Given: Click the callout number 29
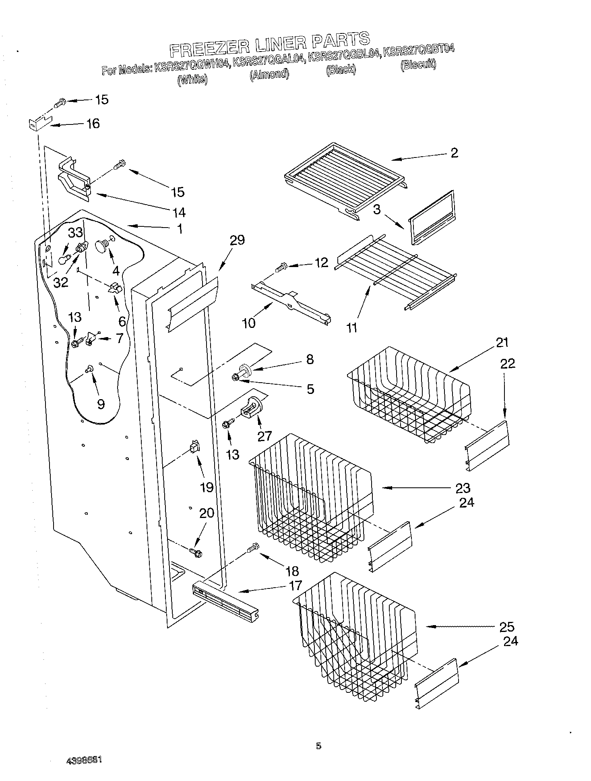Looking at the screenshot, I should (x=237, y=240).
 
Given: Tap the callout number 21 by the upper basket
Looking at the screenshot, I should (x=502, y=343).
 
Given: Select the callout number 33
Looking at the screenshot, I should (x=75, y=232).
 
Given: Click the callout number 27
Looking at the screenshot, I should (x=265, y=436).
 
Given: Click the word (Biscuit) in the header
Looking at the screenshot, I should (x=418, y=64).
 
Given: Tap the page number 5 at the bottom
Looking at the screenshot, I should (x=318, y=746).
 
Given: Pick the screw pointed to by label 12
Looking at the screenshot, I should (x=281, y=266).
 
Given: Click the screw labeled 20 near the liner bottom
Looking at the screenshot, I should (x=196, y=552).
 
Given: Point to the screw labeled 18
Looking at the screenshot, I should (x=254, y=548).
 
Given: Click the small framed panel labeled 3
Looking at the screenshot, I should (x=431, y=217).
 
